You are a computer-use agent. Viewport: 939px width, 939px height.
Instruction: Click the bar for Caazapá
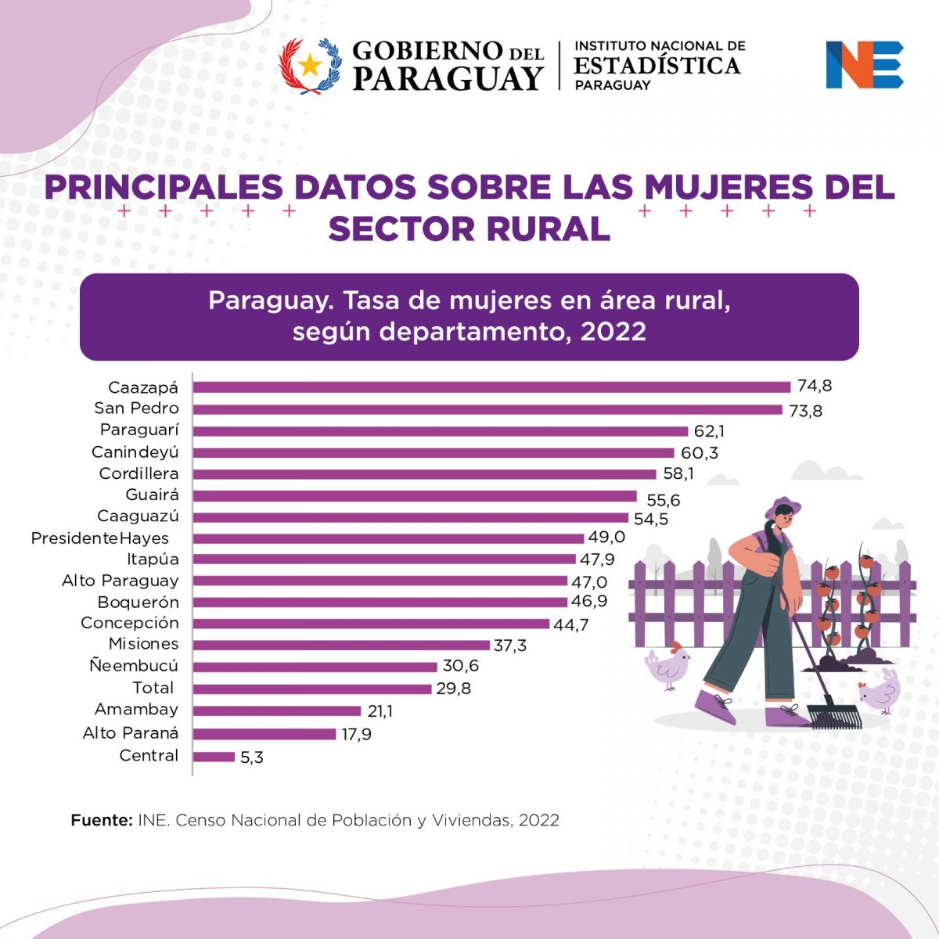(x=491, y=387)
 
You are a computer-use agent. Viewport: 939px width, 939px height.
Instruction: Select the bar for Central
(x=214, y=757)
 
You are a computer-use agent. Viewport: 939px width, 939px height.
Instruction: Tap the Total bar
(x=312, y=689)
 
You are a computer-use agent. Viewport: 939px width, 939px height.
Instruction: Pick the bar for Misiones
(x=342, y=645)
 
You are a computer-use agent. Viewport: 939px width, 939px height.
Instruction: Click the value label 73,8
(x=805, y=411)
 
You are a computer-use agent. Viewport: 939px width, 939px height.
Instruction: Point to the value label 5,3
(x=252, y=757)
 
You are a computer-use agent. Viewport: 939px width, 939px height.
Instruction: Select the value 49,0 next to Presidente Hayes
(x=607, y=538)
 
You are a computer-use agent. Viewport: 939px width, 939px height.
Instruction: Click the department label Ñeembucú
(x=134, y=666)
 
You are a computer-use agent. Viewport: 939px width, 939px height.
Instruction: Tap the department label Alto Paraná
(x=131, y=733)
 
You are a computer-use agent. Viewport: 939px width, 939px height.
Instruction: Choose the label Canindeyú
(x=135, y=452)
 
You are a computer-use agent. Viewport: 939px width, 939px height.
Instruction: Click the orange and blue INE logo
(x=864, y=65)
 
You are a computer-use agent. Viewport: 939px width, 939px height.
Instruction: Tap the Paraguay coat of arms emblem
(x=311, y=66)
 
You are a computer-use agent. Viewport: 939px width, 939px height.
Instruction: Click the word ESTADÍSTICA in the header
(x=657, y=66)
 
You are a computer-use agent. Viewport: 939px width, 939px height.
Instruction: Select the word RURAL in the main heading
(x=547, y=228)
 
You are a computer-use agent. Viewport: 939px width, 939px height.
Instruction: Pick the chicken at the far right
(x=882, y=690)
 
